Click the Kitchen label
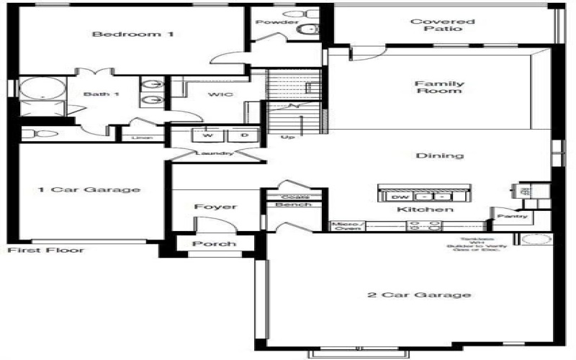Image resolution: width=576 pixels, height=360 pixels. click(426, 210)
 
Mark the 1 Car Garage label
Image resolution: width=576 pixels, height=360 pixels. click(89, 190)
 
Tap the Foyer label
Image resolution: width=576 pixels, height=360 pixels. click(215, 207)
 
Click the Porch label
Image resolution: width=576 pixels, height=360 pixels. click(215, 244)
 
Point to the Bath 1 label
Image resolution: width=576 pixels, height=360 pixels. click(96, 94)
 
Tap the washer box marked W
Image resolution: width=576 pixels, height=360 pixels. click(208, 135)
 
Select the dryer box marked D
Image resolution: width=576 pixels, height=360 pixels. click(244, 135)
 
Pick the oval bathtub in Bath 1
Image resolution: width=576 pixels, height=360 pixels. click(42, 89)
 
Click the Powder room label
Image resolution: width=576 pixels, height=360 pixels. click(277, 22)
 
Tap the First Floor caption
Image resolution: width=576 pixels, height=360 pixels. click(45, 251)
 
